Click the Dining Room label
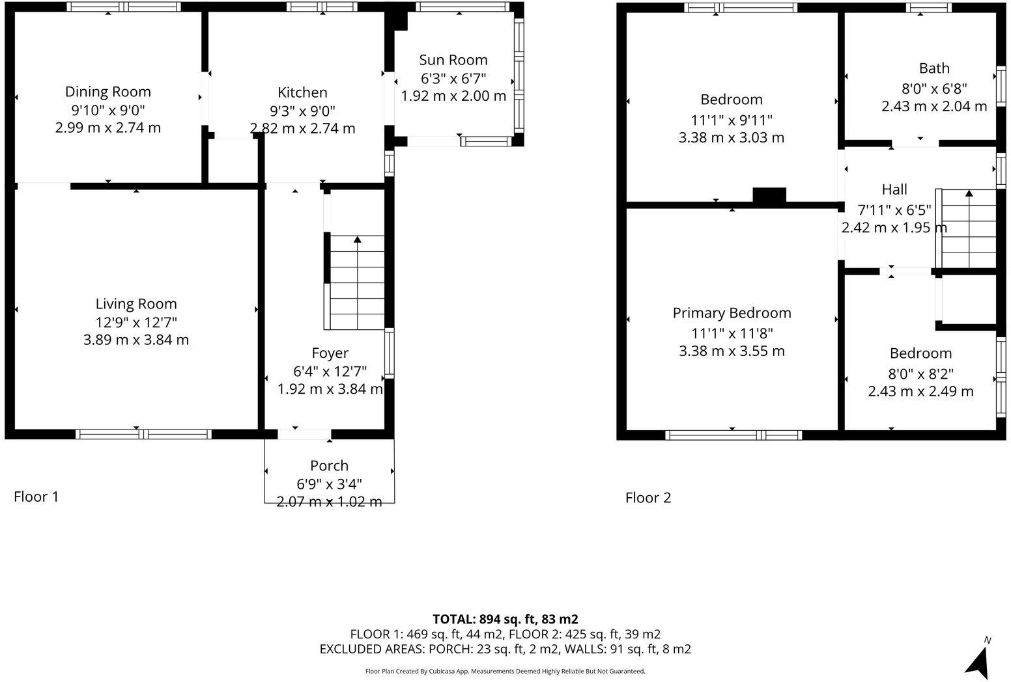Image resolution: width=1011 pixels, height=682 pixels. click(x=107, y=92)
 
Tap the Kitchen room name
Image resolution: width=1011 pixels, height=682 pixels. click(x=302, y=92)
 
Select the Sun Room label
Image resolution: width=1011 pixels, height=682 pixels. click(x=453, y=60)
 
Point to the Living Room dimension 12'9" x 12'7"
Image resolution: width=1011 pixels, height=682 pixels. click(x=136, y=322)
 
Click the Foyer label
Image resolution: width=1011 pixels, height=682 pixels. click(x=330, y=353)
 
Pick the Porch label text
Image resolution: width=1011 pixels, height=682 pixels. click(x=329, y=466)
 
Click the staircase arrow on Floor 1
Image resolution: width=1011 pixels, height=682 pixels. click(x=357, y=239)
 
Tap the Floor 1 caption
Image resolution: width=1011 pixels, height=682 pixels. click(x=36, y=497)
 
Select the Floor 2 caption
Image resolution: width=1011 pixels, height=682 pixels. click(x=648, y=498)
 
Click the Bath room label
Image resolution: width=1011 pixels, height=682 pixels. click(x=933, y=68)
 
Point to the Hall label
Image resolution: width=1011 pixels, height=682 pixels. click(x=894, y=189)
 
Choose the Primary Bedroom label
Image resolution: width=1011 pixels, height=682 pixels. click(x=732, y=313)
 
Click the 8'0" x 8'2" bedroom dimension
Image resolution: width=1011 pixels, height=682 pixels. click(x=920, y=374)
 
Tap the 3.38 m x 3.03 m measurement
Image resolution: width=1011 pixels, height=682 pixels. click(x=731, y=138)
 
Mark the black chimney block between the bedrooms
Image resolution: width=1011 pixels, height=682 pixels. click(x=769, y=195)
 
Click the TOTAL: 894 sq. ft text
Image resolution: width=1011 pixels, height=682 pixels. click(x=505, y=619)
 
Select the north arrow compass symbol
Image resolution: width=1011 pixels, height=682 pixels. click(x=978, y=661)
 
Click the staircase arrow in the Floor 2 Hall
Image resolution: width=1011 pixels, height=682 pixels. click(x=969, y=193)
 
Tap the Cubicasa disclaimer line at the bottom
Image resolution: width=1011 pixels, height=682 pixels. click(x=505, y=671)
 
